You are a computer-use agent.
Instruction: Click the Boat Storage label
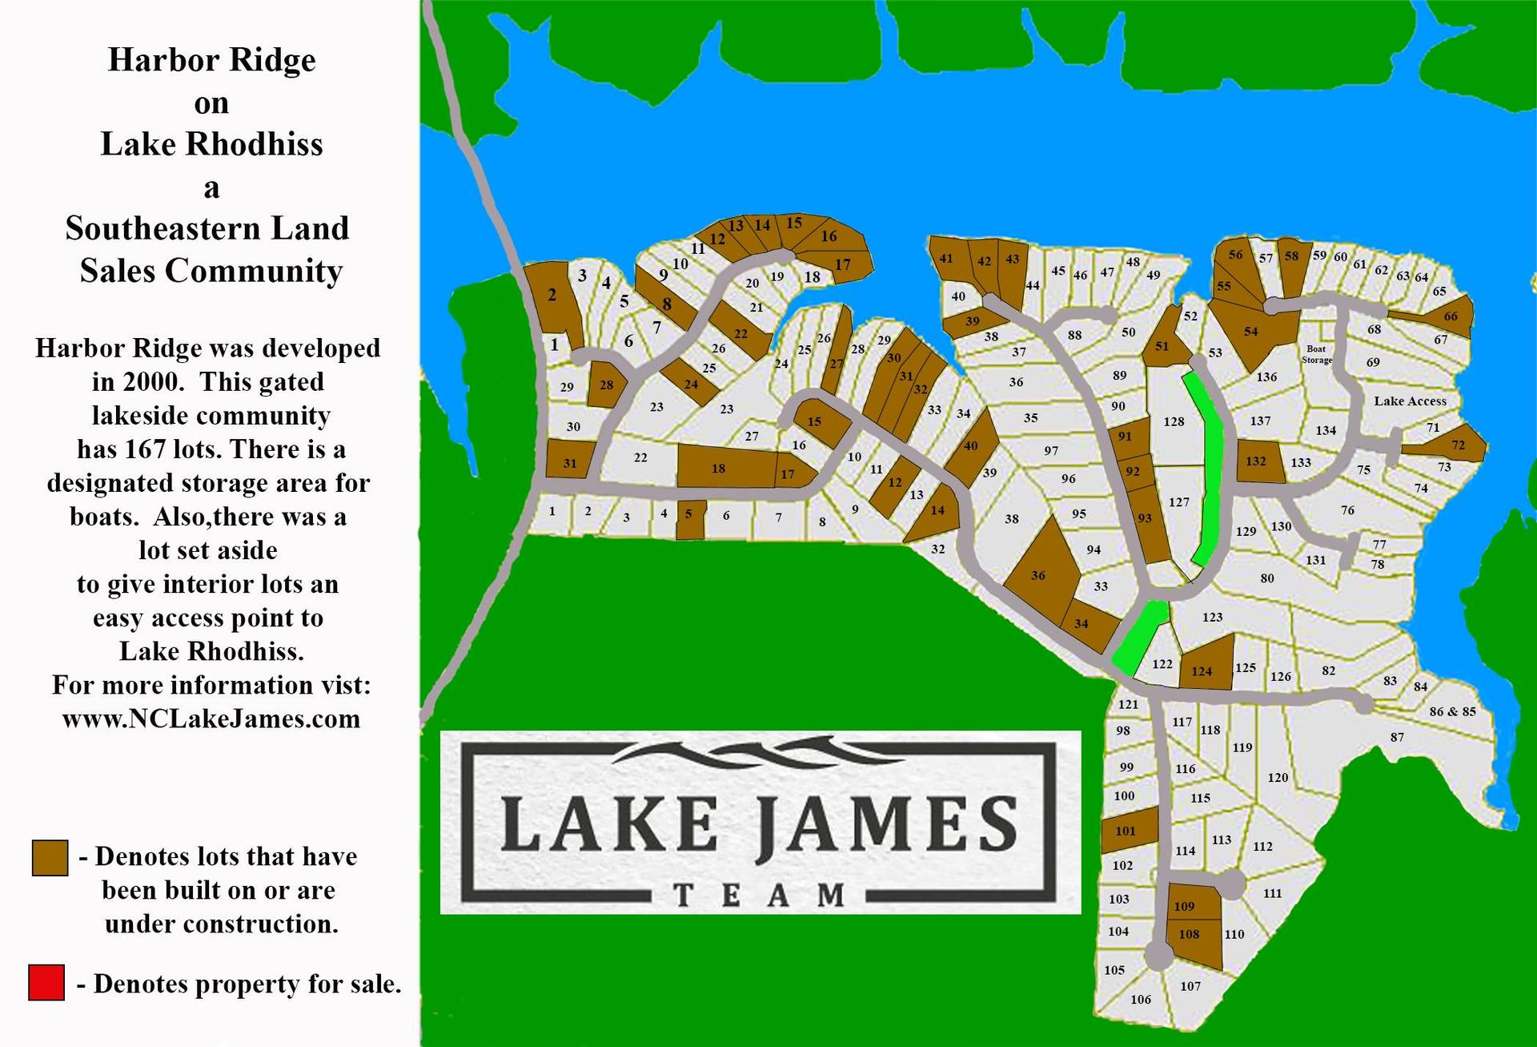pos(1316,354)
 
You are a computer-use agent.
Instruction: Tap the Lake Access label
pos(1410,401)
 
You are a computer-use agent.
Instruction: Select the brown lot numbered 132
pos(1256,461)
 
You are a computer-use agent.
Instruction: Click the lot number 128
pos(1174,421)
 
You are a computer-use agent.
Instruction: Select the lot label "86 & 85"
pos(1452,711)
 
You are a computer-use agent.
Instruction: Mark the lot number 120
pos(1278,777)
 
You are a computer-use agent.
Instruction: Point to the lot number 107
pos(1190,986)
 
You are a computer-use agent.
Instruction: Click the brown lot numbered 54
pos(1250,331)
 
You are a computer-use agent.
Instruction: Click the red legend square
pos(46,983)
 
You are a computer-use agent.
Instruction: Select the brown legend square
pos(50,858)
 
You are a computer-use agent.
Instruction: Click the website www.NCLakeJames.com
pos(211,719)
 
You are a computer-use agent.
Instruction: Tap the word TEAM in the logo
pos(760,895)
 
